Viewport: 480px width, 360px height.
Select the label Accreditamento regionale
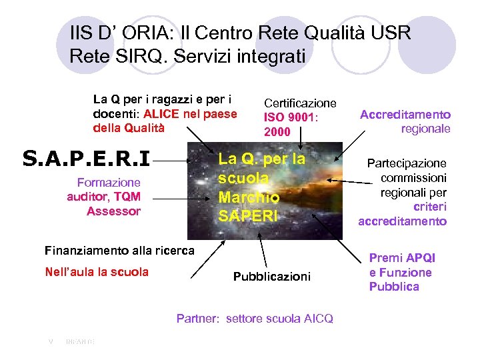tap(405, 121)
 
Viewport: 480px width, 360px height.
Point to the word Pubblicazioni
tap(271, 276)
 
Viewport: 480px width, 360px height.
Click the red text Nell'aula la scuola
tap(97, 271)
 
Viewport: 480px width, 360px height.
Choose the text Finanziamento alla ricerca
tap(119, 251)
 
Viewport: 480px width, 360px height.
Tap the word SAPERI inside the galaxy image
tap(247, 216)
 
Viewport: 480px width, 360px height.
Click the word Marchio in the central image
tap(248, 198)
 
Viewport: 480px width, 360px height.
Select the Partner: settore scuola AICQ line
tap(255, 319)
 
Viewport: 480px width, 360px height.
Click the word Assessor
tap(113, 211)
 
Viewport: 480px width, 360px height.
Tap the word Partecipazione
tap(407, 163)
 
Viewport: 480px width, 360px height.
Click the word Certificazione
tap(300, 103)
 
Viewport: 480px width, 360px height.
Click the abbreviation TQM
tap(127, 197)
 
